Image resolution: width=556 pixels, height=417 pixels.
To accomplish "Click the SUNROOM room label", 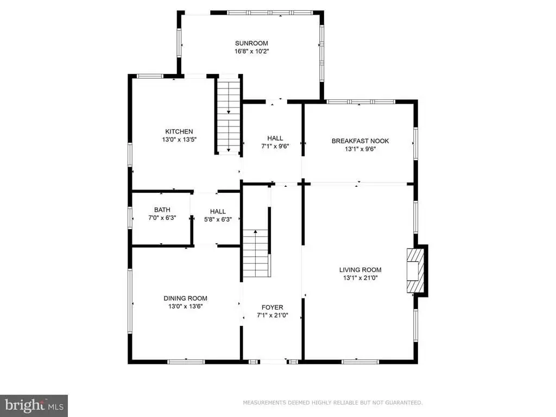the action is tap(251, 43).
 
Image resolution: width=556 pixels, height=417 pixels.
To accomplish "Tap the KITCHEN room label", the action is tap(179, 131).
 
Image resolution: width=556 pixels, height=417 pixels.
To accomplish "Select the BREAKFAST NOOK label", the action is tap(361, 141).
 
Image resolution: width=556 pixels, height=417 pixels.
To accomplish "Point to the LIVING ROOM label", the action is tap(361, 270).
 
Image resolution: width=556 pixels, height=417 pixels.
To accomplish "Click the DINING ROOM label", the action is tap(186, 298).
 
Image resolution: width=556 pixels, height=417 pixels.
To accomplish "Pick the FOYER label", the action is tap(273, 307).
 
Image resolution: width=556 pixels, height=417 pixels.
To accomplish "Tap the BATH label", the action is tap(162, 210).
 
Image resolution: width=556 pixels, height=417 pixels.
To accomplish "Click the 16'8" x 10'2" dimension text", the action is tap(252, 51).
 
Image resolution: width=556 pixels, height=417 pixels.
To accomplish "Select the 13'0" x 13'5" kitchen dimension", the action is tap(179, 140).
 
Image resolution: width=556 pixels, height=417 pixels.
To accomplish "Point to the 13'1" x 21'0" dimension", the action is tap(361, 278).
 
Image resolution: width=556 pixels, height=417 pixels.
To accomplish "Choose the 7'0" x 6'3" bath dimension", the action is tap(162, 218).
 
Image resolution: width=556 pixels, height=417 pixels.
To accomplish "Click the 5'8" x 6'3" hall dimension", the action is tap(218, 219).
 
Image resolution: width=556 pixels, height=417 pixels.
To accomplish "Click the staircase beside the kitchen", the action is tap(229, 117).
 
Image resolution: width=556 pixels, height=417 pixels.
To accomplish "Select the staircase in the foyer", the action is tap(255, 253).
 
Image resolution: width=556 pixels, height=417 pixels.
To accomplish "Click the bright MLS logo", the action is tap(34, 405).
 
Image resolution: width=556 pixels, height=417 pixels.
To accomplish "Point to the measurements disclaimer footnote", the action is tap(333, 402).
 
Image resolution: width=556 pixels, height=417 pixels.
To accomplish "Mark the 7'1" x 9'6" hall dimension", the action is tap(275, 146).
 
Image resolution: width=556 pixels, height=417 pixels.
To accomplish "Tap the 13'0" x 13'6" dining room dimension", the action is tap(186, 306).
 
